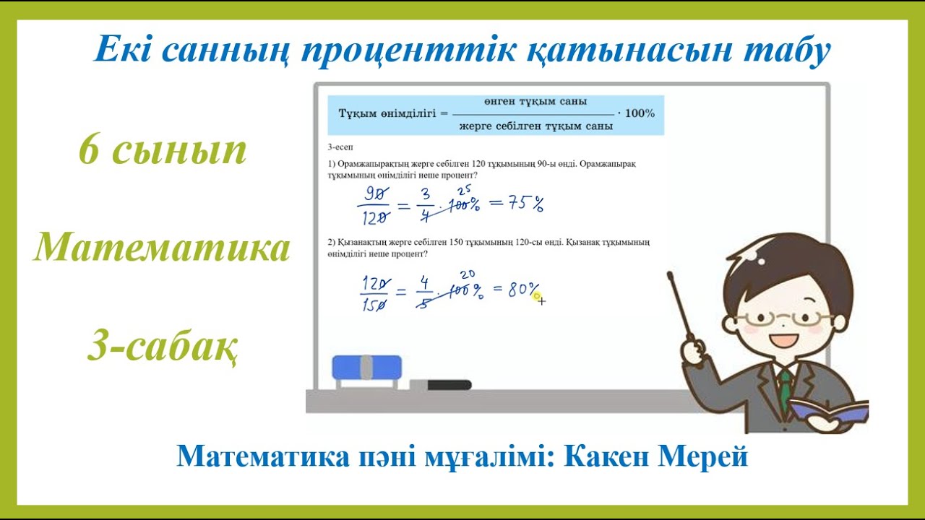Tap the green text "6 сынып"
[163, 149]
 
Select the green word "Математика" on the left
[162, 248]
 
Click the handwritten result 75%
[517, 204]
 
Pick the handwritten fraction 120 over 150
[374, 293]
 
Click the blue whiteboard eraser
[366, 368]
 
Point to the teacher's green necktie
[785, 390]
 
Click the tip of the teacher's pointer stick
[670, 274]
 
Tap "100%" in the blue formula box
[639, 113]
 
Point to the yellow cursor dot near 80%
[535, 295]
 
